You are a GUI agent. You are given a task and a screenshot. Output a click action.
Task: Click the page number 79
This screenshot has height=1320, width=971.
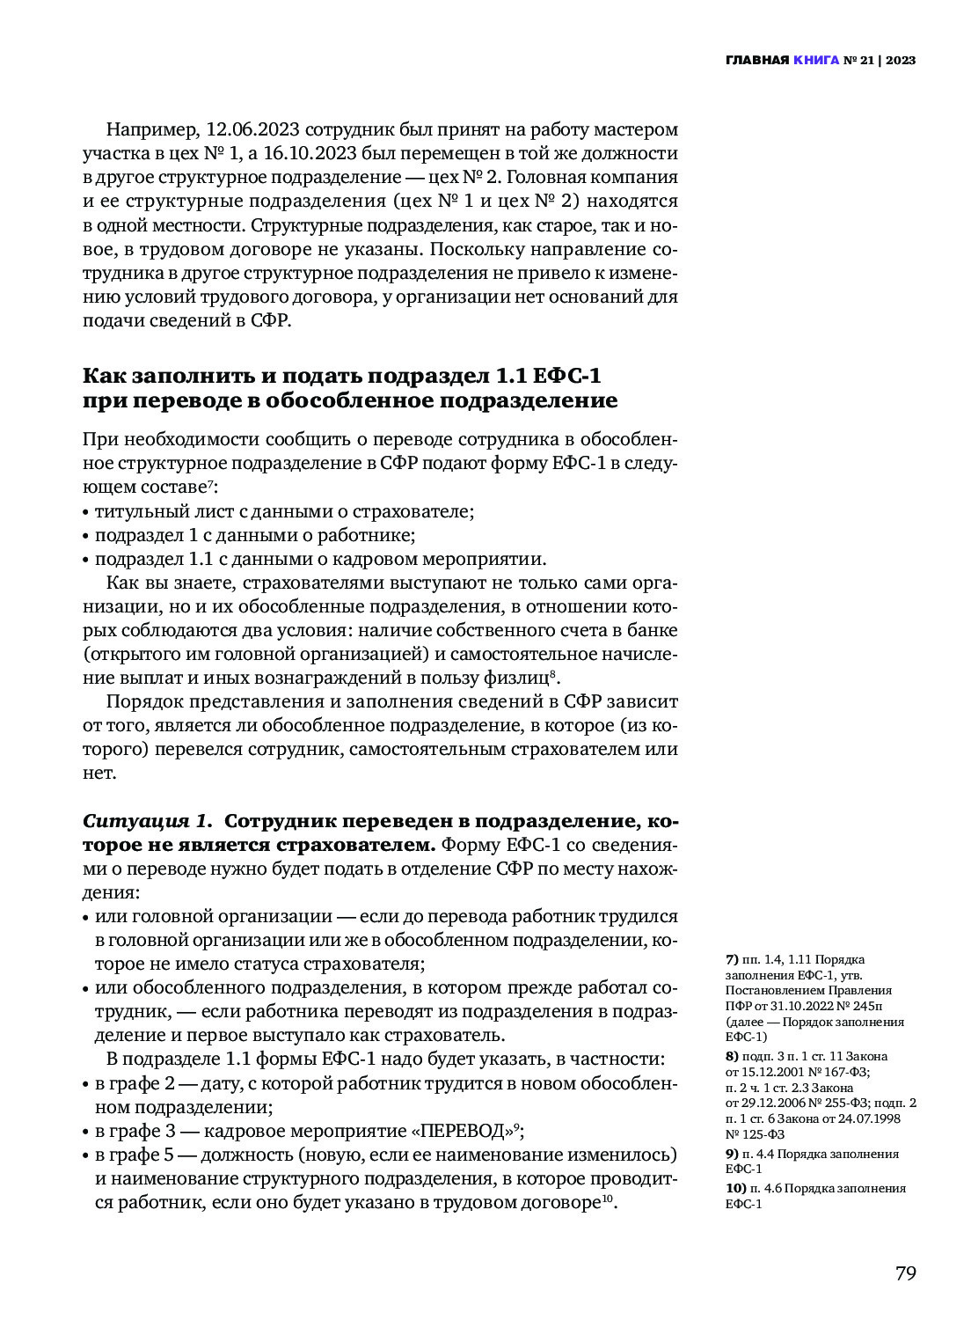[905, 1273]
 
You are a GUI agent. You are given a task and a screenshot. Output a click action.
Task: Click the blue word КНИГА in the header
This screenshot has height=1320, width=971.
[815, 61]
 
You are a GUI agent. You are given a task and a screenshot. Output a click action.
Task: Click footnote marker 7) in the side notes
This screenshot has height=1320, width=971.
[731, 959]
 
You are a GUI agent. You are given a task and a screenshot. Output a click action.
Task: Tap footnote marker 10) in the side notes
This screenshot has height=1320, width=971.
[734, 1188]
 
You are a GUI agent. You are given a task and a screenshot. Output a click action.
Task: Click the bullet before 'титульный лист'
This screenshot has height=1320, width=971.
[86, 512]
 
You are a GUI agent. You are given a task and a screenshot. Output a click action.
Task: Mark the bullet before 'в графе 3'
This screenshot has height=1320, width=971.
[86, 1132]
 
